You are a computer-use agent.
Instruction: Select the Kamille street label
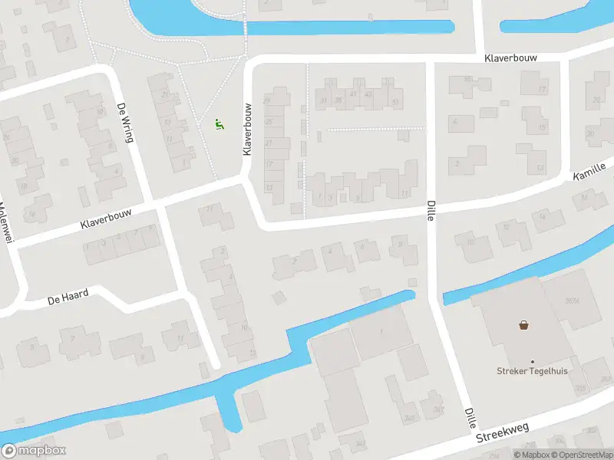coord(589,172)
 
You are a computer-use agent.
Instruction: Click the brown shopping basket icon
coord(524,325)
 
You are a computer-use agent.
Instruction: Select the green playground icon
coord(219,124)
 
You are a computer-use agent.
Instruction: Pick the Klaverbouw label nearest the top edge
coord(510,58)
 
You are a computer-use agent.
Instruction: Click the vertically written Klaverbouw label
coord(248,130)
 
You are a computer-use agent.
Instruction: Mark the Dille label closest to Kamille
coord(431,212)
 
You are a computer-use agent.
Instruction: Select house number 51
coord(395,102)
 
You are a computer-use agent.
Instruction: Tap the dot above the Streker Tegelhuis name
coord(532,361)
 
